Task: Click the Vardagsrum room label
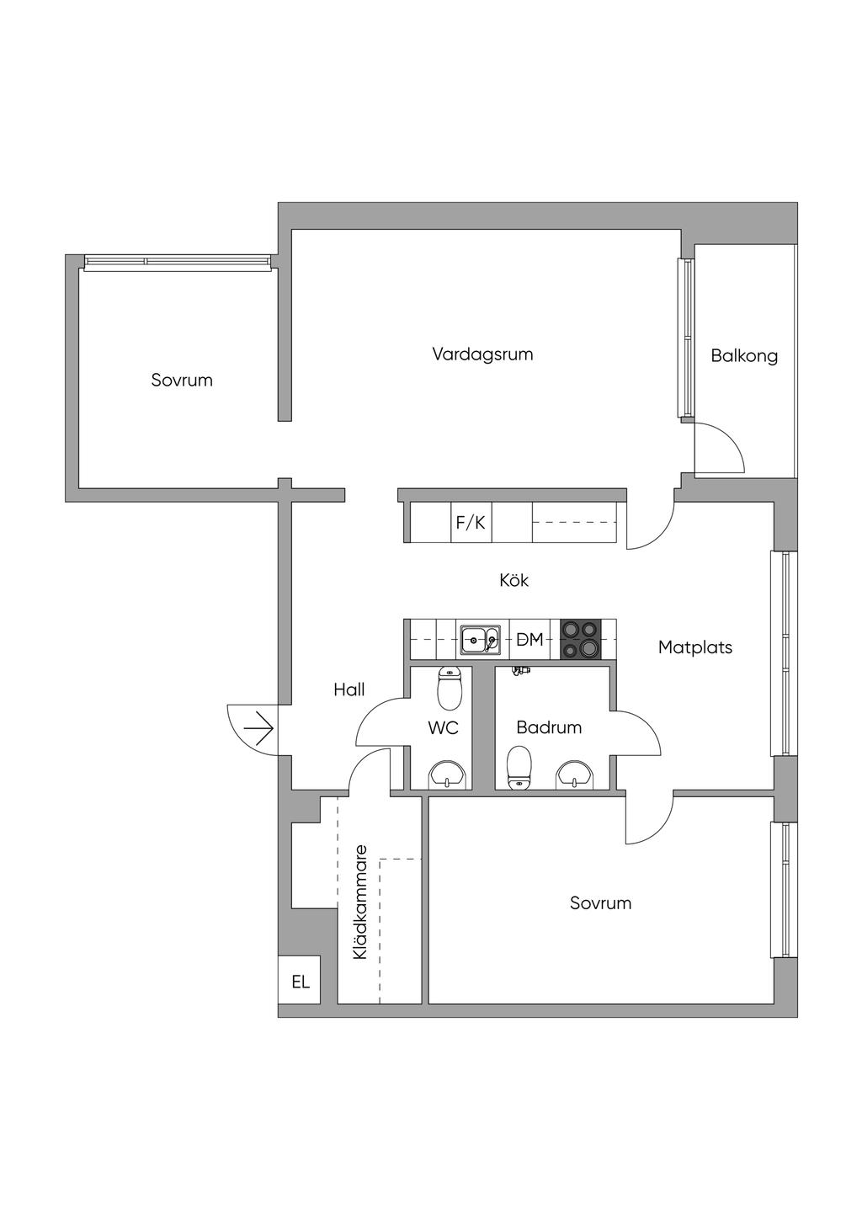[482, 354]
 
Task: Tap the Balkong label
[744, 356]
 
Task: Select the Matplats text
[695, 647]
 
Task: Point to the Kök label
[513, 580]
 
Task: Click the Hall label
[349, 689]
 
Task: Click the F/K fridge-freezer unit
[471, 523]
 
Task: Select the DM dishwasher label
[529, 639]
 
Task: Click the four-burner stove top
[581, 640]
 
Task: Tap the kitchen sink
[480, 640]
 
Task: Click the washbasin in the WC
[447, 775]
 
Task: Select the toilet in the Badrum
[519, 767]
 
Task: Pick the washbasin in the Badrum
[575, 775]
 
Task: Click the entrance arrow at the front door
[258, 728]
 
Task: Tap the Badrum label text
[549, 727]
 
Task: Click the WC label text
[443, 727]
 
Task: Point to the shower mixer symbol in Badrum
[521, 672]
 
